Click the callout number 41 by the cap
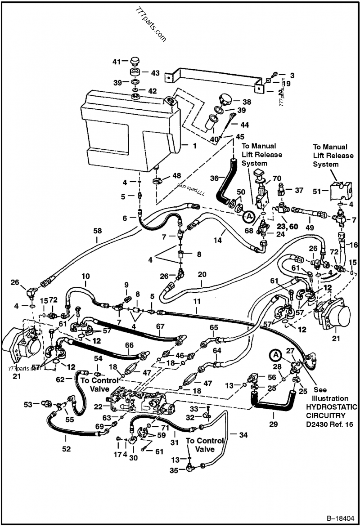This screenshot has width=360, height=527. pyautogui.click(x=117, y=62)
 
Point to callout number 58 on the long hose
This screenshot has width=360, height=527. pyautogui.click(x=97, y=231)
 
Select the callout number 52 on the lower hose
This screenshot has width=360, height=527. pyautogui.click(x=66, y=448)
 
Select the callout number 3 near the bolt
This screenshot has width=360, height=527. pyautogui.click(x=292, y=75)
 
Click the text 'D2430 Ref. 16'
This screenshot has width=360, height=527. pyautogui.click(x=331, y=424)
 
